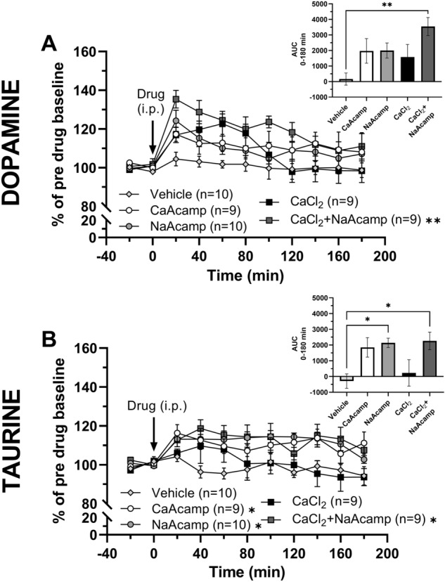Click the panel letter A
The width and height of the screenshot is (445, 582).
pyautogui.click(x=50, y=44)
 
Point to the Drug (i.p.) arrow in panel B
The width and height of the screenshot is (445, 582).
pyautogui.click(x=153, y=438)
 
